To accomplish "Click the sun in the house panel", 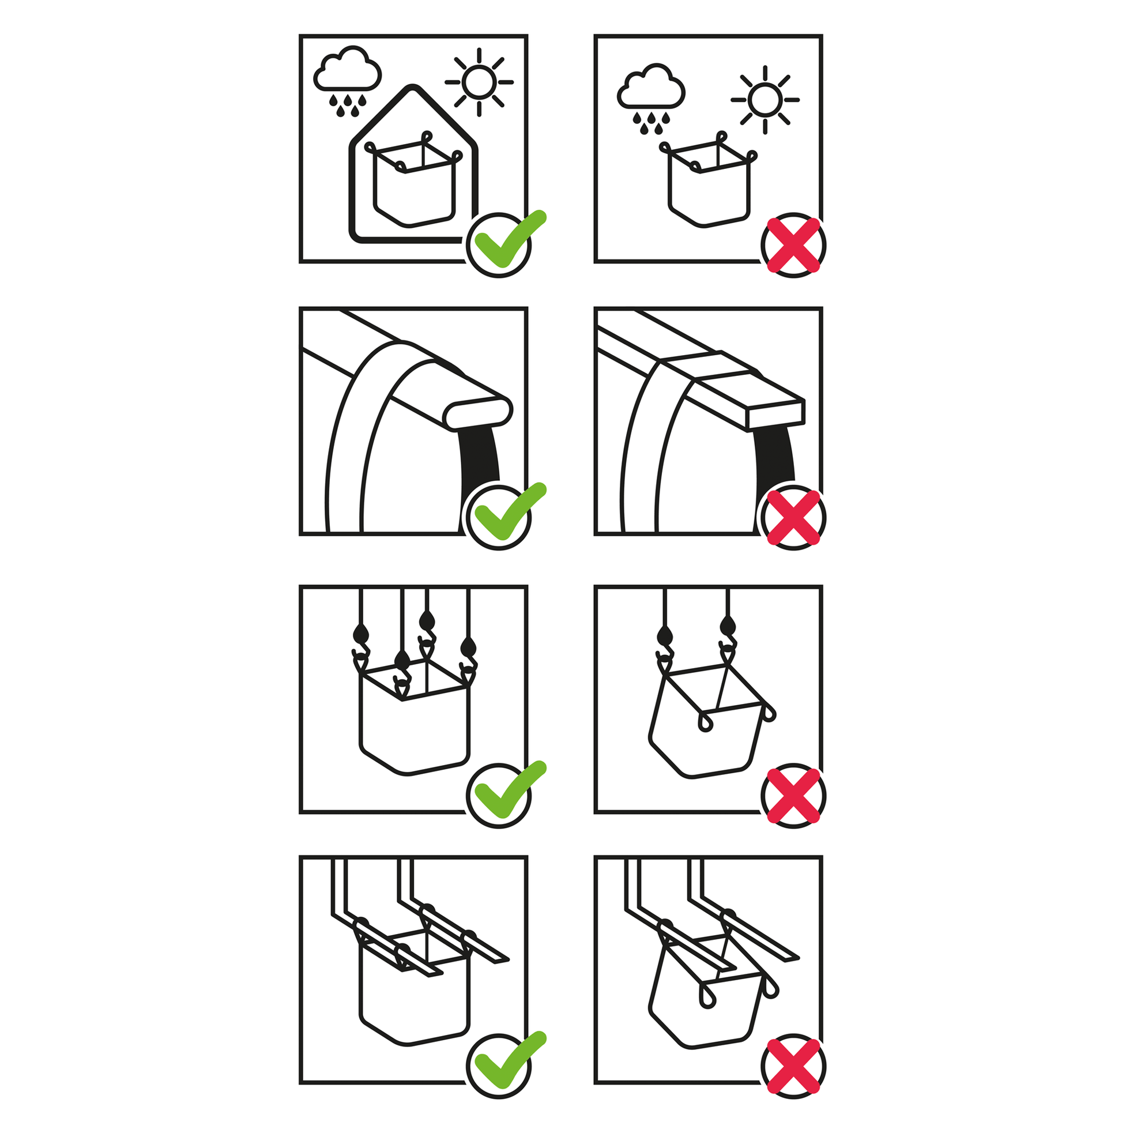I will [479, 82].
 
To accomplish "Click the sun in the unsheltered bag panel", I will [765, 99].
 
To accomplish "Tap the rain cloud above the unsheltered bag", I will [651, 92].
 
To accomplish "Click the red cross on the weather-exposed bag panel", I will [793, 244].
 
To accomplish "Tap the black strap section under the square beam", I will [775, 459].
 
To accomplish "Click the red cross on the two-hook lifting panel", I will [793, 795].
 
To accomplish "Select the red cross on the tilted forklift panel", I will [793, 1066].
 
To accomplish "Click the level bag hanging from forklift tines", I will [413, 1005].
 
